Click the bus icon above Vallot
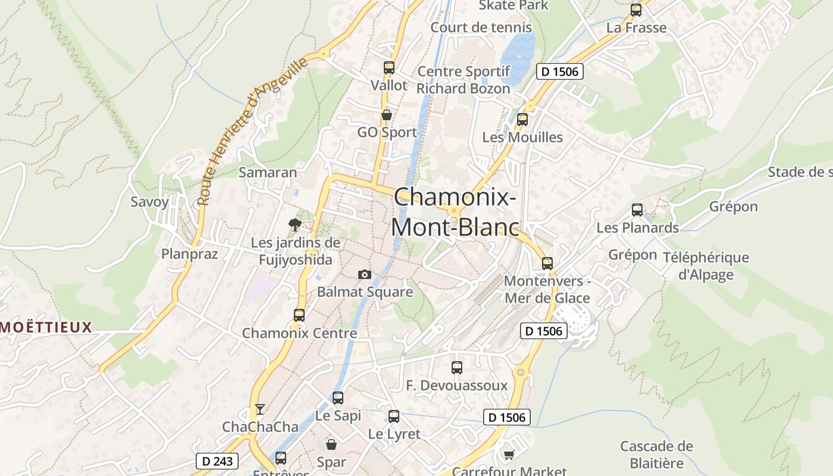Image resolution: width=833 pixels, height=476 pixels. tap(389, 68)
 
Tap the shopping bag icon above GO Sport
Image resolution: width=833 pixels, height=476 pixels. tap(387, 115)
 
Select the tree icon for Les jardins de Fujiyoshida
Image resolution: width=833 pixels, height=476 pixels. tap(295, 224)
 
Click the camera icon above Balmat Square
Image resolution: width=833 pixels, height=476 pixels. tap(365, 274)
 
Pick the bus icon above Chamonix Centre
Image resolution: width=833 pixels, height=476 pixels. tap(299, 315)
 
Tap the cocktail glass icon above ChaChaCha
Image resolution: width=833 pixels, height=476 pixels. tap(259, 409)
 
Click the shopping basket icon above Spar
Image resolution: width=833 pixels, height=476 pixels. tap(331, 444)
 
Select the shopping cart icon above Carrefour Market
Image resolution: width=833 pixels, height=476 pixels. tap(509, 455)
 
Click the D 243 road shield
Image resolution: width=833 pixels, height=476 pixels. tap(217, 461)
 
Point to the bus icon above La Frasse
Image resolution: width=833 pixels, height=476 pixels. tap(636, 10)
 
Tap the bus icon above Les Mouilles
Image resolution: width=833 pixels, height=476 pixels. tap(522, 120)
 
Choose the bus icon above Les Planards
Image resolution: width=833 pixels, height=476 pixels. tap(637, 210)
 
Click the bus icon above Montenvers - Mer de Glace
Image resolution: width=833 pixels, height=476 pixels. tap(547, 263)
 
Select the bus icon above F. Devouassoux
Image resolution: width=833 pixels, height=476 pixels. tap(457, 368)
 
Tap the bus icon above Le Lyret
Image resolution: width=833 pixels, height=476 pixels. tap(394, 416)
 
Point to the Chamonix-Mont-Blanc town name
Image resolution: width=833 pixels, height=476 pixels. tap(455, 212)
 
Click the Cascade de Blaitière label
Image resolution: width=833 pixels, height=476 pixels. tap(656, 455)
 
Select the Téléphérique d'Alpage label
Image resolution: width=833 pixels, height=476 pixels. tap(706, 266)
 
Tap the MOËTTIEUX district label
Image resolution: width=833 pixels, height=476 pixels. tap(46, 327)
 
